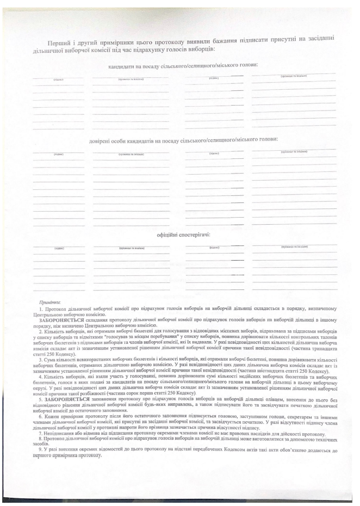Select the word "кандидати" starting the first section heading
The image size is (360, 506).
point(123,67)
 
